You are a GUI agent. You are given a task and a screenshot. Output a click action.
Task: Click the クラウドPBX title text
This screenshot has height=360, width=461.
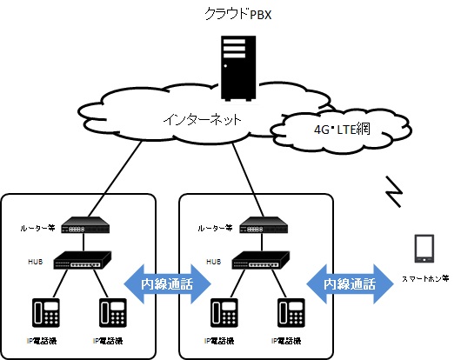click(x=237, y=14)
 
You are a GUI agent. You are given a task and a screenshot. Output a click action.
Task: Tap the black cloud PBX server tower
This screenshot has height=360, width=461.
click(x=238, y=68)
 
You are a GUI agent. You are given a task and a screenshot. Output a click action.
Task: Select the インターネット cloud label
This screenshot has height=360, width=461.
click(x=203, y=120)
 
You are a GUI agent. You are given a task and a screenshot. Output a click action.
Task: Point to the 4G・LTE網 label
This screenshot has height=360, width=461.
click(x=342, y=129)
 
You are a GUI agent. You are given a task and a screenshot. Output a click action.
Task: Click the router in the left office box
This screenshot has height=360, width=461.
click(x=85, y=225)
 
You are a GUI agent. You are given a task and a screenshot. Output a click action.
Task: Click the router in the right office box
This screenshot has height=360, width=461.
click(x=264, y=225)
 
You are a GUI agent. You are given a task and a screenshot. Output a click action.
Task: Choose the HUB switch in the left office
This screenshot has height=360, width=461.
click(x=83, y=260)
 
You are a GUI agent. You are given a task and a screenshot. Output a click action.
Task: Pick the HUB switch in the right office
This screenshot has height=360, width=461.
click(x=261, y=260)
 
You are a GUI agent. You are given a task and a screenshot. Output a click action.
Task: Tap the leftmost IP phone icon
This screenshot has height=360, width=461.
click(x=46, y=313)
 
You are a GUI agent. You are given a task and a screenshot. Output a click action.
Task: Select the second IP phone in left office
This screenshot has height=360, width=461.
click(x=113, y=313)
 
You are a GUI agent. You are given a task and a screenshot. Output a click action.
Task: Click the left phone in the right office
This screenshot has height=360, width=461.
click(x=224, y=313)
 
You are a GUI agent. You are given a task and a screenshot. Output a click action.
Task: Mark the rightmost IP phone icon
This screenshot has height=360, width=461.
click(x=291, y=313)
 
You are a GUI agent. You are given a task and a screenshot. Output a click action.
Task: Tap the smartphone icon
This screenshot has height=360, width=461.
click(x=424, y=249)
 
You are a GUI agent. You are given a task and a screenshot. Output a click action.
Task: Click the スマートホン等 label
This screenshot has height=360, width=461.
click(x=425, y=278)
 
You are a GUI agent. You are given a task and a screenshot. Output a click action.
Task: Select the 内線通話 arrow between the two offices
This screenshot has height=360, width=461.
click(x=167, y=283)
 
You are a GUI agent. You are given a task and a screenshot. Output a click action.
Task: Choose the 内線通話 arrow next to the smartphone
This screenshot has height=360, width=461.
click(x=350, y=283)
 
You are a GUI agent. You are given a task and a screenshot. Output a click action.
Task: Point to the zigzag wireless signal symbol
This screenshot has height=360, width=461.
click(x=394, y=191)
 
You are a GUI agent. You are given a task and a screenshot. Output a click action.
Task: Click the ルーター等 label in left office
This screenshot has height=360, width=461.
click(x=37, y=228)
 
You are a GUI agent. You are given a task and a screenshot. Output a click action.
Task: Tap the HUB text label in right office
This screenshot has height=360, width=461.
click(x=214, y=262)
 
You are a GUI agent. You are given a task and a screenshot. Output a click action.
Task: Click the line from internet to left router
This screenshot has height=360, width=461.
click(x=115, y=178)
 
